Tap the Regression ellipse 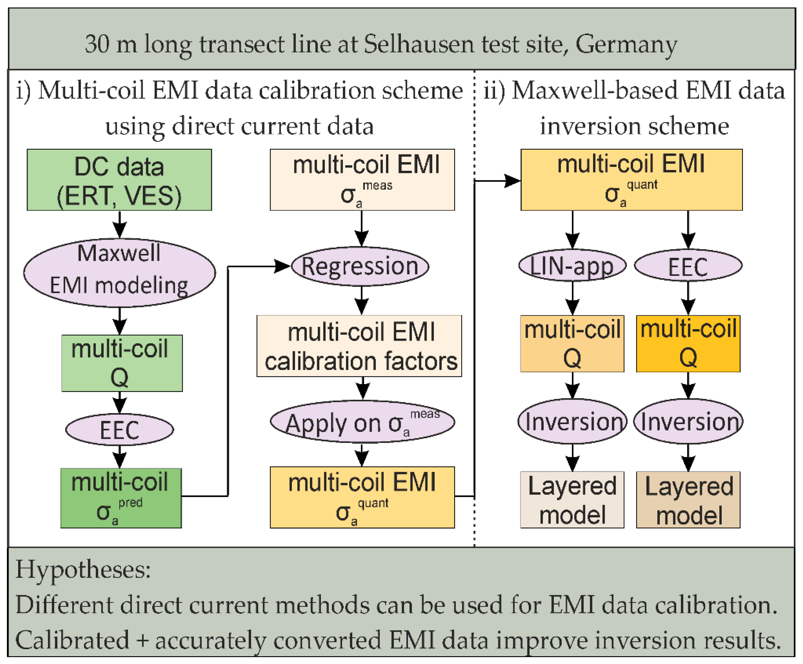(360, 266)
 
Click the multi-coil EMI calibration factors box (359, 346)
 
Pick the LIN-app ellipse (572, 265)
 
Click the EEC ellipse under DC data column (119, 430)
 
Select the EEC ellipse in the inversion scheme (688, 266)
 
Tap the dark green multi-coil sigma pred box (121, 498)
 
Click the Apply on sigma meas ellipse (362, 422)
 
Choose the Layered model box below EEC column (688, 500)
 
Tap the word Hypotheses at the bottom (83, 570)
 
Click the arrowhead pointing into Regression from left (283, 266)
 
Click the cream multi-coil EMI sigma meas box (362, 180)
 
